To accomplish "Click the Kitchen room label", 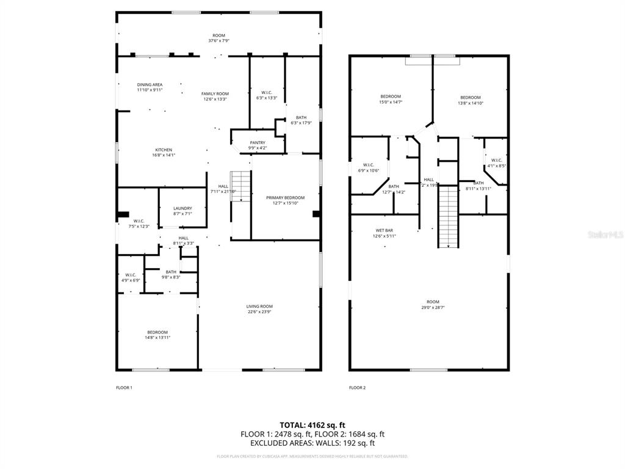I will tap(164, 150).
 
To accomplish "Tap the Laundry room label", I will tap(182, 208).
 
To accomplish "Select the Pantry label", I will tap(257, 143).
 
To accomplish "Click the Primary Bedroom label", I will tap(285, 198).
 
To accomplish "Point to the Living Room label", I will tap(259, 307).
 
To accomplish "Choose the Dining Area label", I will tap(150, 85).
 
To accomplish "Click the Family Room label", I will tap(215, 93).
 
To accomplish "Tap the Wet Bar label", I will tap(384, 230).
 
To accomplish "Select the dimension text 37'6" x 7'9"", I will tap(219, 42).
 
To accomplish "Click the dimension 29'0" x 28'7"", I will tap(433, 308).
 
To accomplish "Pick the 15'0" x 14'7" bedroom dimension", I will tap(391, 103).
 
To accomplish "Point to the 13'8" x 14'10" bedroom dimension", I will tap(470, 103).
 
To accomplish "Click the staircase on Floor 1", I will tap(242, 186).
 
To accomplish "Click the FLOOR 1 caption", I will tap(124, 387).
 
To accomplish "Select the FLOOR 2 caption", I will tap(357, 387).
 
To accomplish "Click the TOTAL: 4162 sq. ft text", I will tap(312, 424).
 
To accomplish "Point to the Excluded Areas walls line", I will tap(312, 443).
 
